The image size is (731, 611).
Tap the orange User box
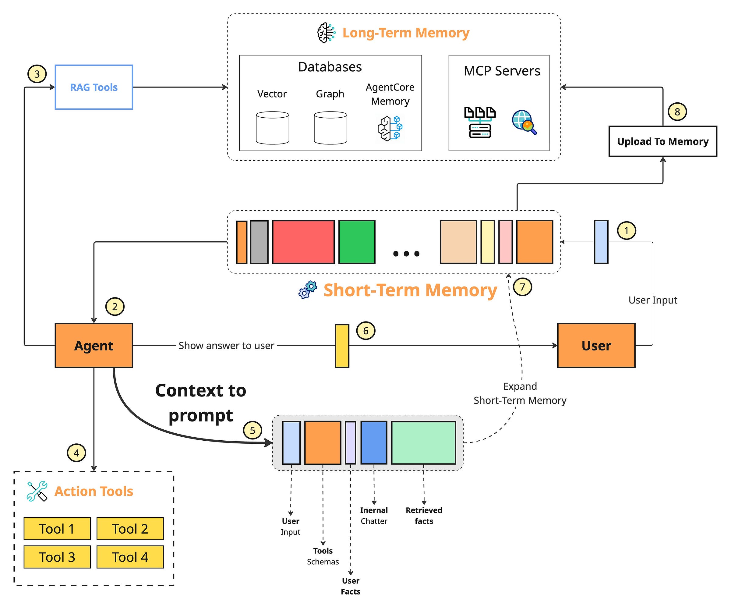[596, 346]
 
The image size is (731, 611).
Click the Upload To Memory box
[662, 141]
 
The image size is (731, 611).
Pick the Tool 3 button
[57, 557]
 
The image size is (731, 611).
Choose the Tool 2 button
[130, 529]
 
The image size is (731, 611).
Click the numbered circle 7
[522, 287]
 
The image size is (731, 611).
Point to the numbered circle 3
[37, 74]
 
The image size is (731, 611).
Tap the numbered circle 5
[252, 431]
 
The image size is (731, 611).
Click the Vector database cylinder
[272, 128]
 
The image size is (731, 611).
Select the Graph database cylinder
[330, 128]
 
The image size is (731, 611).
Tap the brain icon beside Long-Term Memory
[326, 33]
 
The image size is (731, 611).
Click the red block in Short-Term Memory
[303, 242]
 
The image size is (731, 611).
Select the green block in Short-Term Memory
[357, 242]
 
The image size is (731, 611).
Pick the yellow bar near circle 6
[342, 346]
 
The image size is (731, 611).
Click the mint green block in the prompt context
[423, 443]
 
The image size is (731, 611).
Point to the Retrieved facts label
[424, 516]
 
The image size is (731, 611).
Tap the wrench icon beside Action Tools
[37, 491]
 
